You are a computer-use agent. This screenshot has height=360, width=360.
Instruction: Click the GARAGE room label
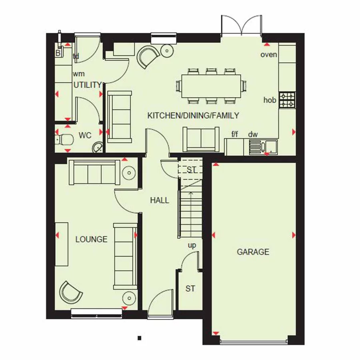point(253,252)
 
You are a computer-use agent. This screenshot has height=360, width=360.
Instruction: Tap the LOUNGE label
point(92,239)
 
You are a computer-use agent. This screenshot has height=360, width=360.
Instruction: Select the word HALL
point(160,200)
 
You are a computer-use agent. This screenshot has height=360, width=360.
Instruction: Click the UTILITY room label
point(88,85)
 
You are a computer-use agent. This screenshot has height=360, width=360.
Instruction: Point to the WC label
point(85,136)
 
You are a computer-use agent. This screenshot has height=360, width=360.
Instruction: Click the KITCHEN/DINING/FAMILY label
point(193,116)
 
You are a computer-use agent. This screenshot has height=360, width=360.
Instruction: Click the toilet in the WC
point(64,139)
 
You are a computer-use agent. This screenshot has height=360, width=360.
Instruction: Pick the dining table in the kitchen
point(210,85)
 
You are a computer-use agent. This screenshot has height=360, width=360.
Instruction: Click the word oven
point(268,54)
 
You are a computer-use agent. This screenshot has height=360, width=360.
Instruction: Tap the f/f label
point(235,134)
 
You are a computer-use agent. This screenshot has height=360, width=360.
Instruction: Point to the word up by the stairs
point(192,245)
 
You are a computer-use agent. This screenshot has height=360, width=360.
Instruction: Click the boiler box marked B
point(58,52)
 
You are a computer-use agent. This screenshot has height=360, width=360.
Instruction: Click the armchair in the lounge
point(71,292)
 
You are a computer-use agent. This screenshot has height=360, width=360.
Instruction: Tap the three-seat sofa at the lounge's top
point(94,172)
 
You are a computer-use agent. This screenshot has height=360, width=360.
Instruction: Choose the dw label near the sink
point(253,134)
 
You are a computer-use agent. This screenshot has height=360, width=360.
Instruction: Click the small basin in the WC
point(98,148)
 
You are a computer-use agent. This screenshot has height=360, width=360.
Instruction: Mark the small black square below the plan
point(139,338)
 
